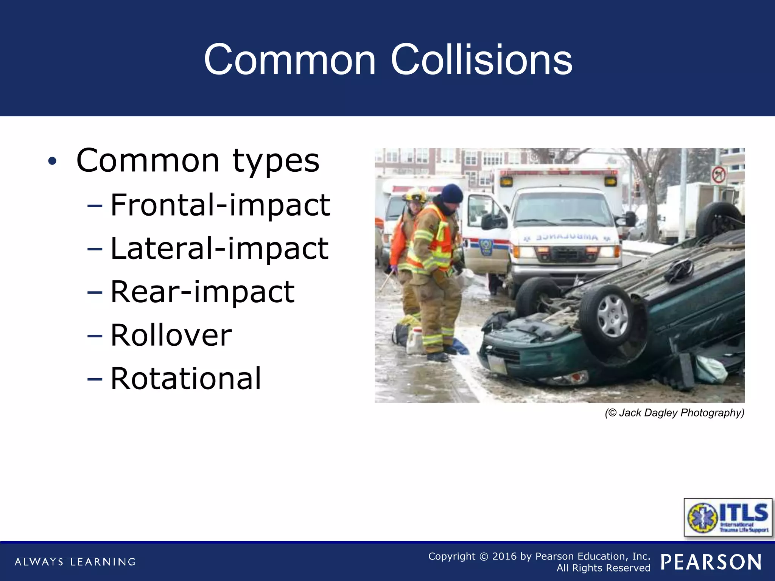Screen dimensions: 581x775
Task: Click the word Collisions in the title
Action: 481,60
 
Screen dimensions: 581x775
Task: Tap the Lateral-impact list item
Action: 219,249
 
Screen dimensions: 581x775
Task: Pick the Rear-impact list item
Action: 202,292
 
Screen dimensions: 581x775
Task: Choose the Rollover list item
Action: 171,336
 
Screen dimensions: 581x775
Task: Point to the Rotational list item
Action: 186,379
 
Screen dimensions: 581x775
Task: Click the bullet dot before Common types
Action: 52,162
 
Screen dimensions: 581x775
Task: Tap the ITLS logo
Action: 728,517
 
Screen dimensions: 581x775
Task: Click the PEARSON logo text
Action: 711,562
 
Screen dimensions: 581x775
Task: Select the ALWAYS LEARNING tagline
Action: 75,562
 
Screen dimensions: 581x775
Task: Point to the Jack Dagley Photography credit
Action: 674,413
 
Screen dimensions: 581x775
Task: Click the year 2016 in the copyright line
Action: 504,556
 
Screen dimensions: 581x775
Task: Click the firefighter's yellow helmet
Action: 415,196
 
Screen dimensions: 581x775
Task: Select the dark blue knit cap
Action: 452,193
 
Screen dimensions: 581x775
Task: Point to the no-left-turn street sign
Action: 718,175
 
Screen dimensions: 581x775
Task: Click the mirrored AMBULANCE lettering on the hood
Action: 566,238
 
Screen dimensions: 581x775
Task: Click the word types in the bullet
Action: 276,162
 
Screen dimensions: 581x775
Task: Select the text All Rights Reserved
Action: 603,568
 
